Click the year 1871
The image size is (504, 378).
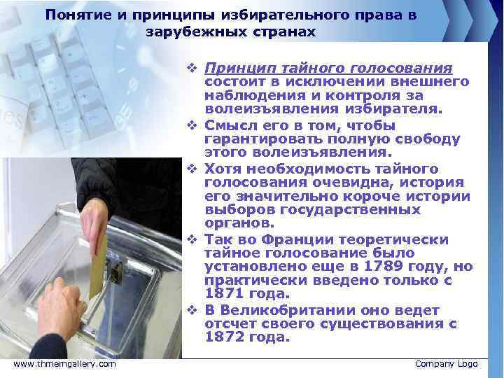click(x=225, y=293)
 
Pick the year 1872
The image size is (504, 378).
click(x=225, y=337)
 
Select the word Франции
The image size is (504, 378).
click(x=293, y=239)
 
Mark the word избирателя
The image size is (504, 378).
click(x=397, y=110)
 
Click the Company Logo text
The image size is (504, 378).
click(x=446, y=364)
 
